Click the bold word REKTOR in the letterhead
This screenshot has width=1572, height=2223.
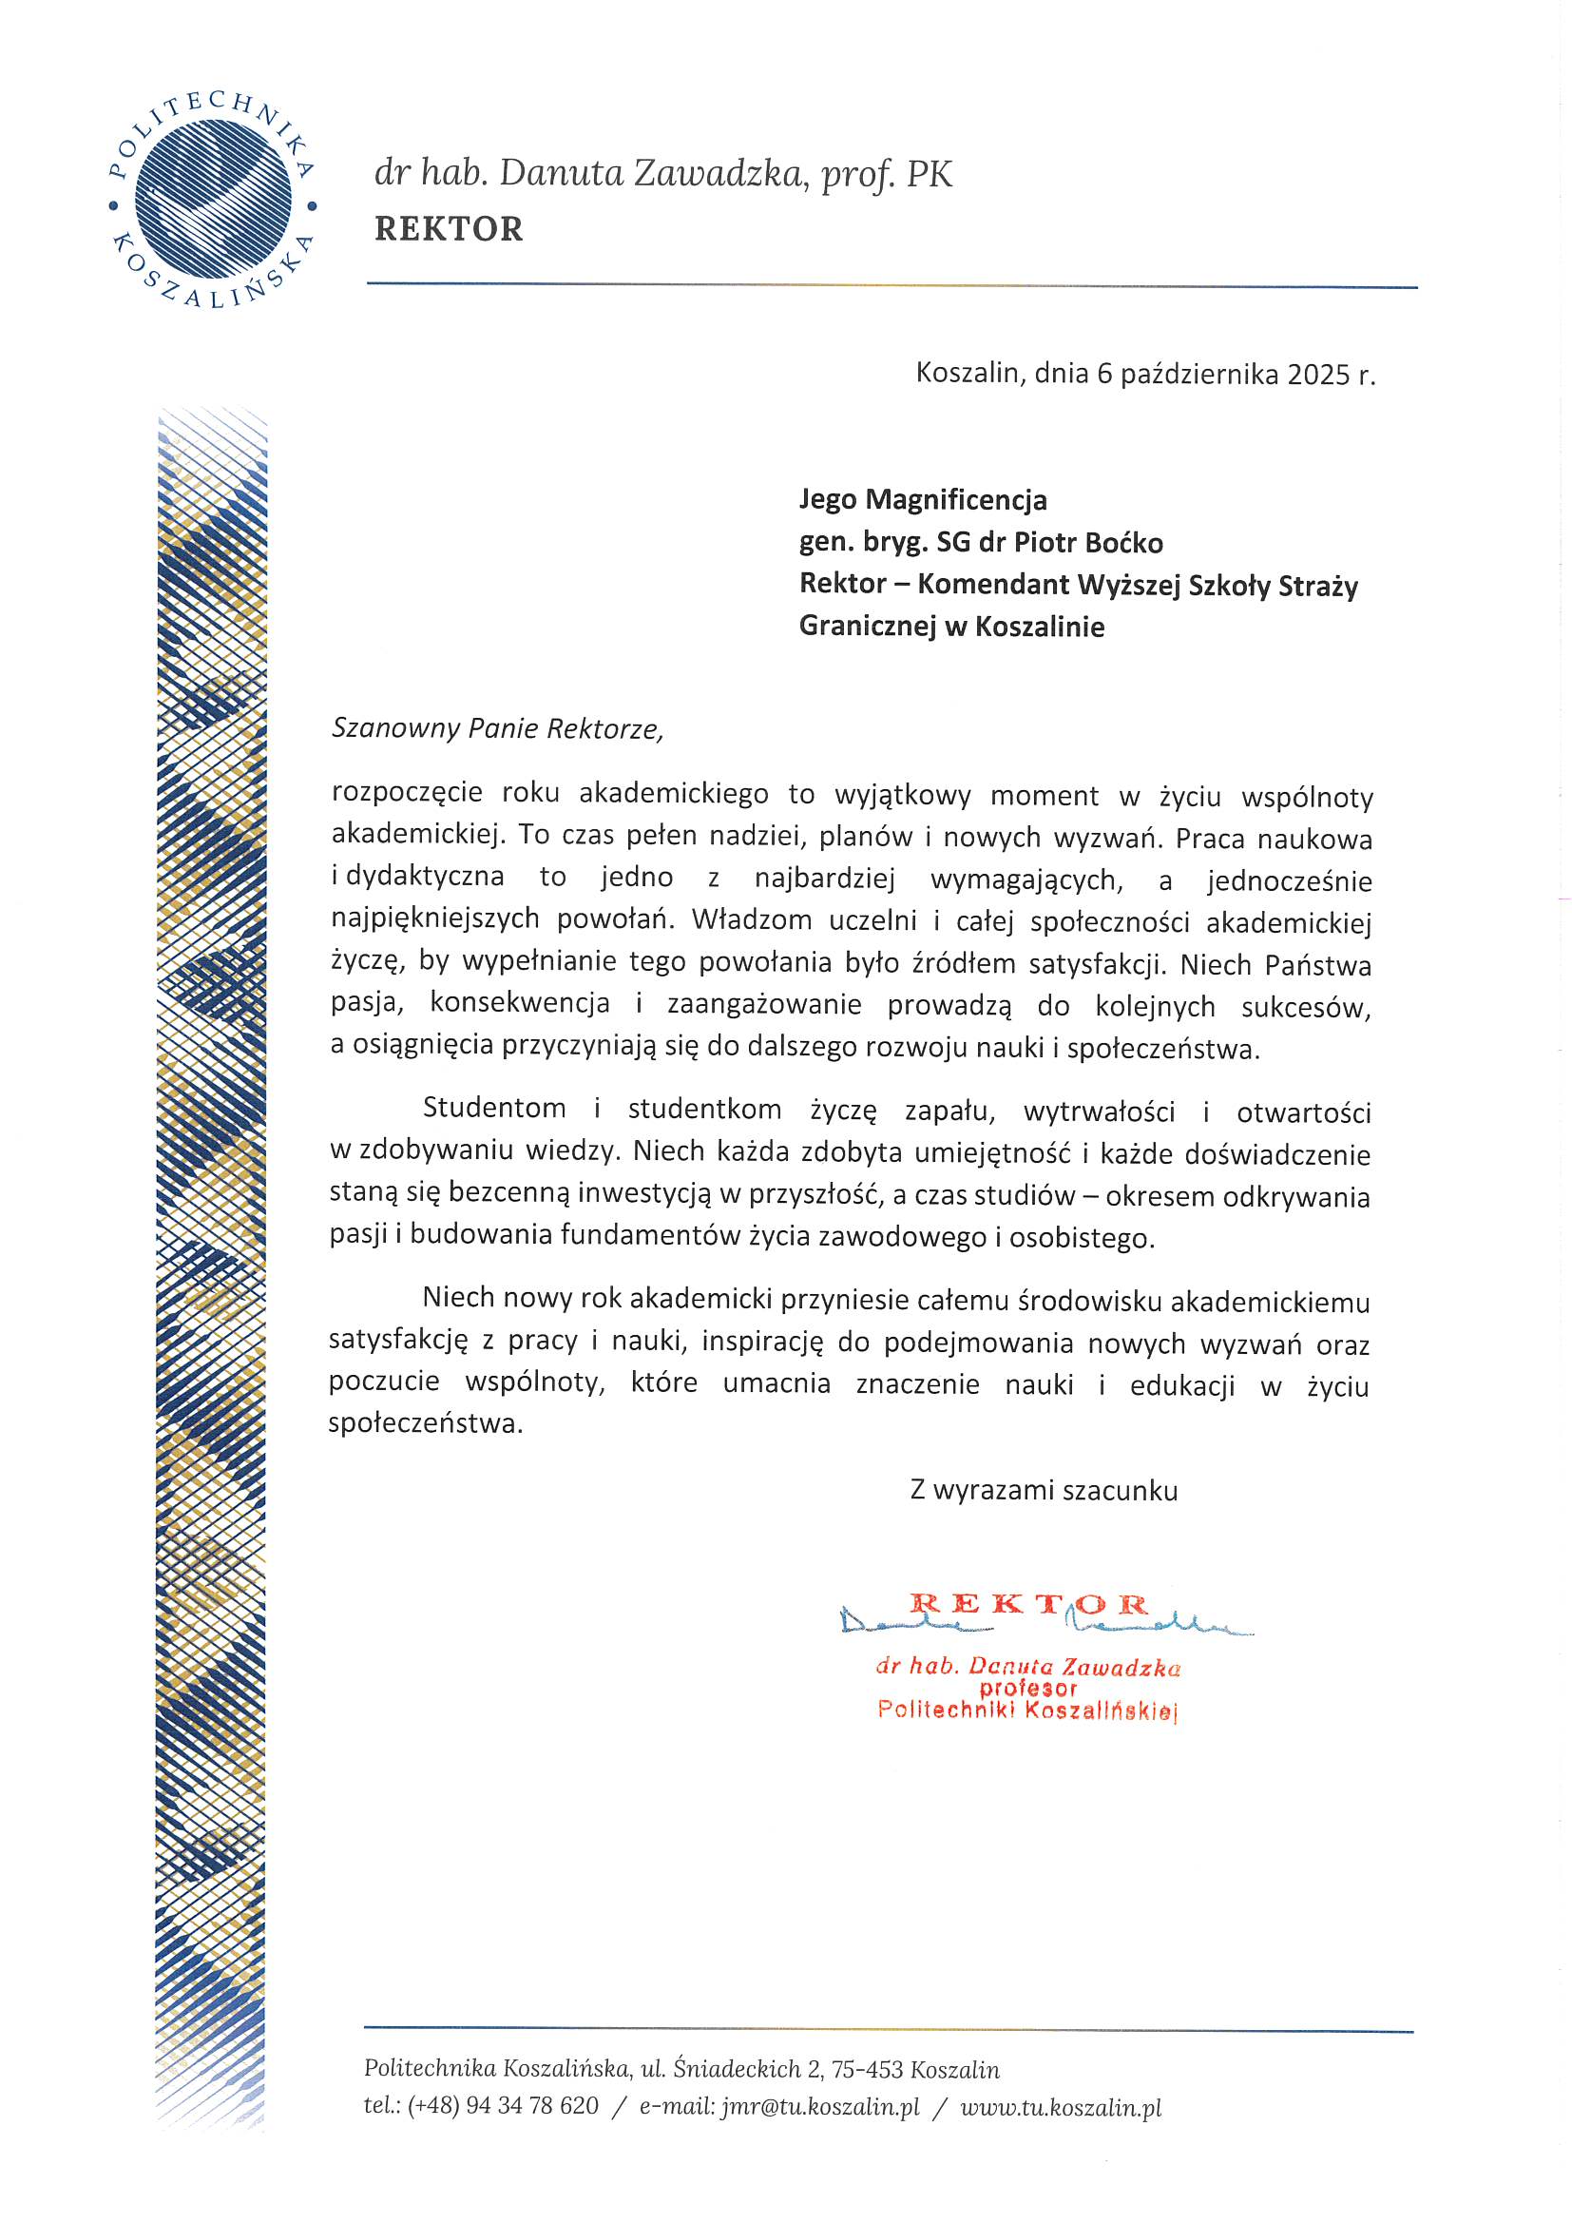[x=449, y=229]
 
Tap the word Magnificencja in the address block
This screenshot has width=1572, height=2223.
[x=955, y=499]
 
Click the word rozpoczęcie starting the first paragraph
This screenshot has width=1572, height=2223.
[x=407, y=794]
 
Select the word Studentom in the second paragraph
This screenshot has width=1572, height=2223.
[x=493, y=1109]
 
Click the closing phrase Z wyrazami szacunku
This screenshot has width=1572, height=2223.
[x=1044, y=1490]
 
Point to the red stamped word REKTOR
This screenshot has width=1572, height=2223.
[x=1028, y=1605]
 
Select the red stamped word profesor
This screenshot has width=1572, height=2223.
[x=1028, y=1689]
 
